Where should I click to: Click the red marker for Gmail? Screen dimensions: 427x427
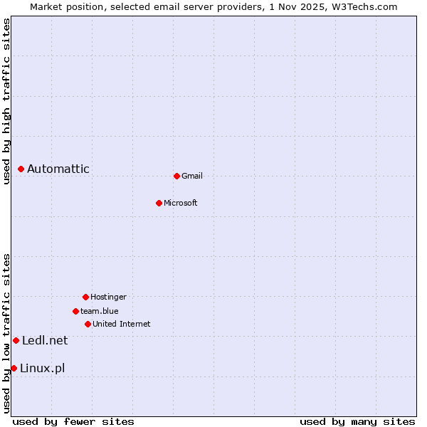[176, 176]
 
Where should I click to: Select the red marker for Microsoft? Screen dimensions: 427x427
[159, 203]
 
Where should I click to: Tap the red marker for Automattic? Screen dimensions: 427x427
[21, 169]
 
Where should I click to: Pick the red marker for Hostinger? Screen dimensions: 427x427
[85, 297]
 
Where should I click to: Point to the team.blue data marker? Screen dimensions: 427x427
[75, 311]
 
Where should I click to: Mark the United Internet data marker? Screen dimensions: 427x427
[88, 324]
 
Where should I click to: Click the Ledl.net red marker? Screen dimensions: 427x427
[16, 340]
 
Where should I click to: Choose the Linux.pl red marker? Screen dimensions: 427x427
[14, 368]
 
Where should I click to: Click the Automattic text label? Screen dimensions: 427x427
[58, 169]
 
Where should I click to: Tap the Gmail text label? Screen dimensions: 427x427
[192, 176]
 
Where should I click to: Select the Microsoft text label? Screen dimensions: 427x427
[181, 203]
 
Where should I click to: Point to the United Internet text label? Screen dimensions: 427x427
[122, 324]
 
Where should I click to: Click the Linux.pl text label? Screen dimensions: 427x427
[43, 368]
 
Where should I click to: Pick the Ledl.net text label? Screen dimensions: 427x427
[45, 340]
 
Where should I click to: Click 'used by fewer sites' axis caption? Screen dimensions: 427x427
[73, 421]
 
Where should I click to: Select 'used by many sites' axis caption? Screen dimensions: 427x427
[357, 421]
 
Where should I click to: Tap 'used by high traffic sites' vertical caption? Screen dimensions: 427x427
[6, 101]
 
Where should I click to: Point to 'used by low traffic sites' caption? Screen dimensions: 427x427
[6, 333]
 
